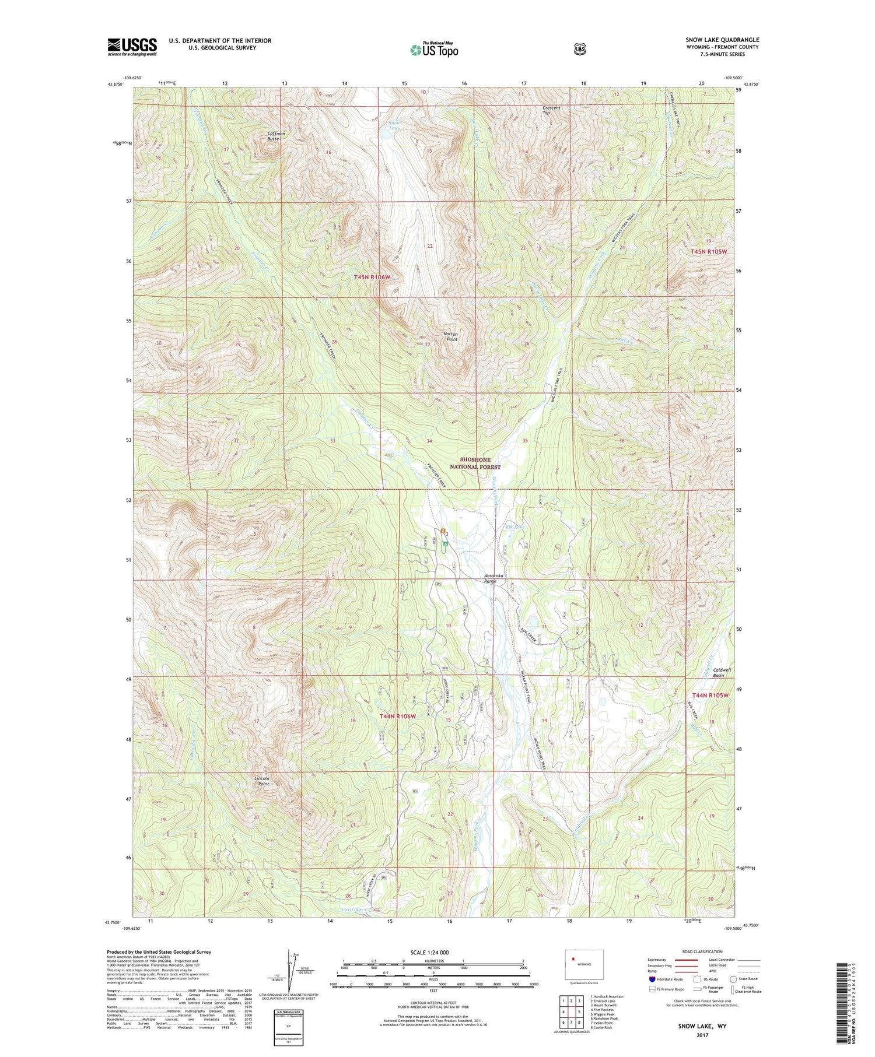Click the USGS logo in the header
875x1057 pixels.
point(132,47)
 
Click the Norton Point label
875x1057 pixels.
point(450,336)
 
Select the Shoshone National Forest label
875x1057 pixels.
point(475,463)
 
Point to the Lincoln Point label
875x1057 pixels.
point(263,781)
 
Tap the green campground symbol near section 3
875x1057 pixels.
point(445,543)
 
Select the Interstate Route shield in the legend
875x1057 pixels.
point(652,979)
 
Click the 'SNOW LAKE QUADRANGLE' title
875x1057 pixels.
point(722,40)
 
